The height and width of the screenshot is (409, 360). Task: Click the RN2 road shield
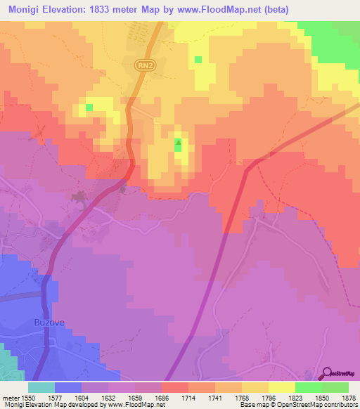click(143, 64)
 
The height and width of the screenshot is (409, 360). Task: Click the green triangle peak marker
click(178, 145)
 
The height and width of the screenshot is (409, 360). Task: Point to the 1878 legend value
click(340, 397)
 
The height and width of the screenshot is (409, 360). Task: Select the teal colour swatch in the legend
click(41, 387)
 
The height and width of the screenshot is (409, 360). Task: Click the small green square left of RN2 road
click(89, 108)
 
